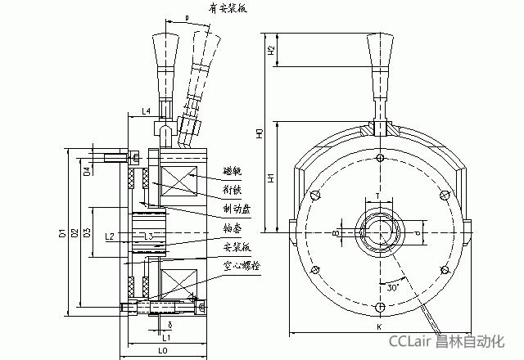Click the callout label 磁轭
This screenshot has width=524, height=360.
tap(233, 172)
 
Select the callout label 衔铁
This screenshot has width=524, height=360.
tap(233, 189)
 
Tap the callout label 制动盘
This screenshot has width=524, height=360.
tap(236, 209)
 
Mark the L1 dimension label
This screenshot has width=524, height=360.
tap(165, 336)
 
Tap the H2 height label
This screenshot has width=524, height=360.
tap(270, 51)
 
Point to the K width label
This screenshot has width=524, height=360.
tap(379, 326)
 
